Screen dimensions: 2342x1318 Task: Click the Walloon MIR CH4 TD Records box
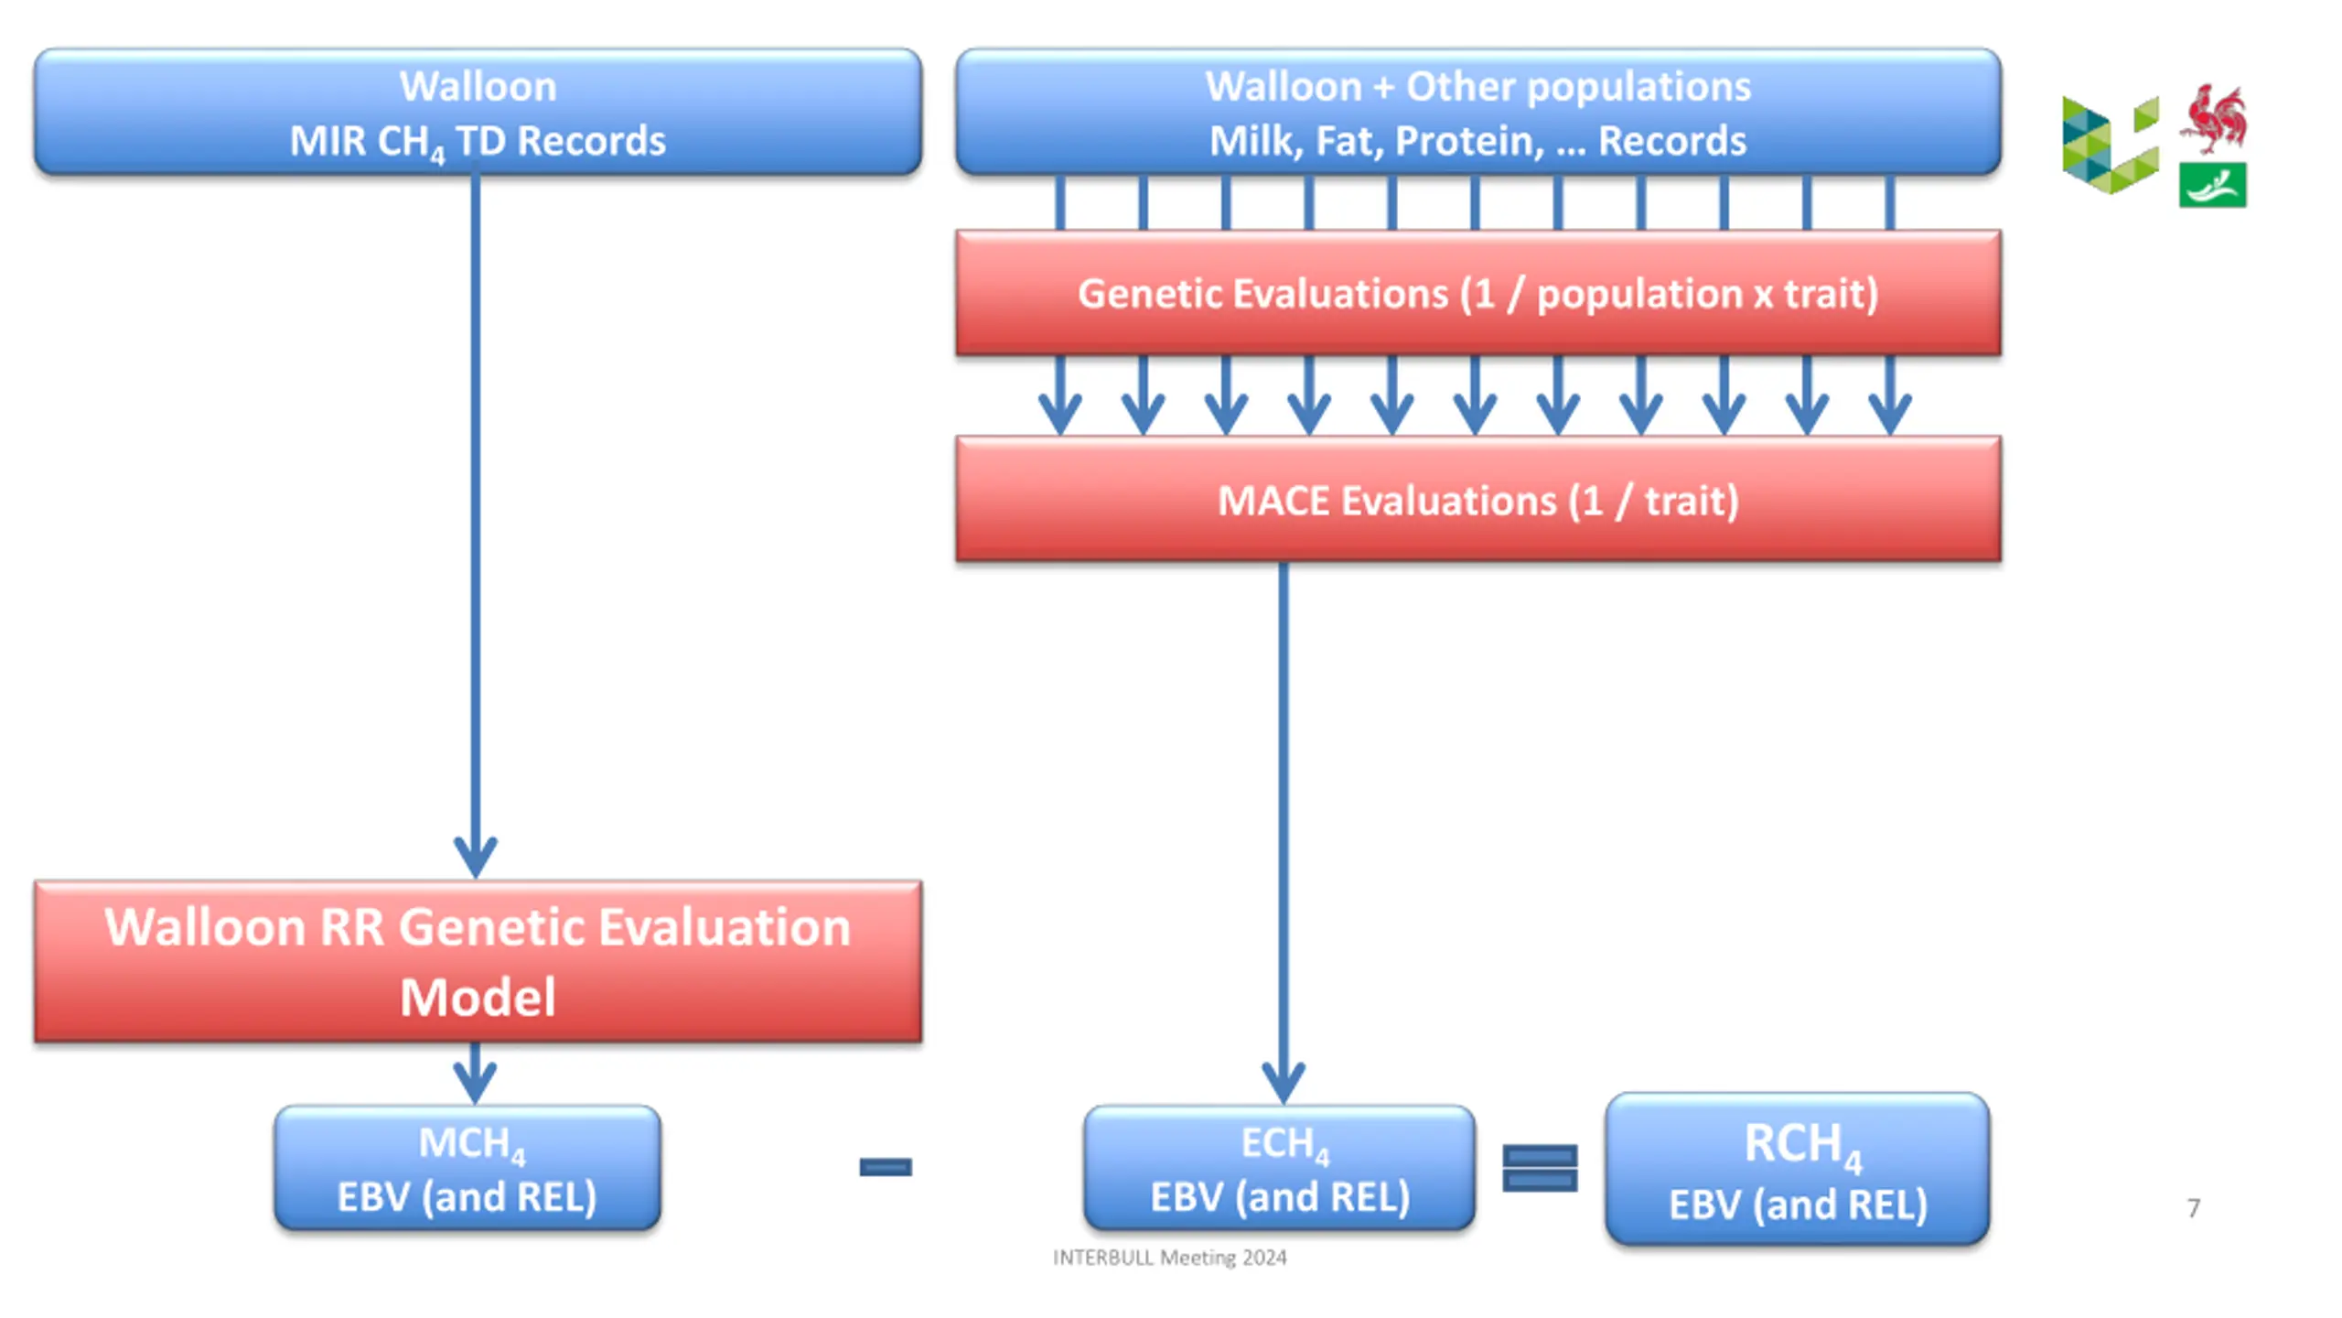pyautogui.click(x=478, y=112)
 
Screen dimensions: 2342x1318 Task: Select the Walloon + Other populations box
pyautogui.click(x=1477, y=112)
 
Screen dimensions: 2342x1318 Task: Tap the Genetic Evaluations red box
pyautogui.click(x=1477, y=293)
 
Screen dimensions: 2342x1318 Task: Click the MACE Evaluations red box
pyautogui.click(x=1477, y=500)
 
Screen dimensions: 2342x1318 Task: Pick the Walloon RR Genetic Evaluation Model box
pyautogui.click(x=478, y=961)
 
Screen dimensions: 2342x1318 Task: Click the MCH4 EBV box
pyautogui.click(x=467, y=1168)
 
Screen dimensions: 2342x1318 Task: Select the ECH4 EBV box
pyautogui.click(x=1279, y=1168)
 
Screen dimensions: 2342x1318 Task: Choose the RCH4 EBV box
pyautogui.click(x=1798, y=1169)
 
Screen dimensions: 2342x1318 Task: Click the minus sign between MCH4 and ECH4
pyautogui.click(x=886, y=1167)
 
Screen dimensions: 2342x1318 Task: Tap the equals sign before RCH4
pyautogui.click(x=1540, y=1169)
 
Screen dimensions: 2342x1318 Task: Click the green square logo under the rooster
pyautogui.click(x=2212, y=185)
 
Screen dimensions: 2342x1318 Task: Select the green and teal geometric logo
pyautogui.click(x=2111, y=145)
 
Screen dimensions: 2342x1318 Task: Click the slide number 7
pyautogui.click(x=2194, y=1208)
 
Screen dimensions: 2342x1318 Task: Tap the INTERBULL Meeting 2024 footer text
pyautogui.click(x=1169, y=1258)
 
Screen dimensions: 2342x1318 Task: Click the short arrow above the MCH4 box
pyautogui.click(x=475, y=1074)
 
